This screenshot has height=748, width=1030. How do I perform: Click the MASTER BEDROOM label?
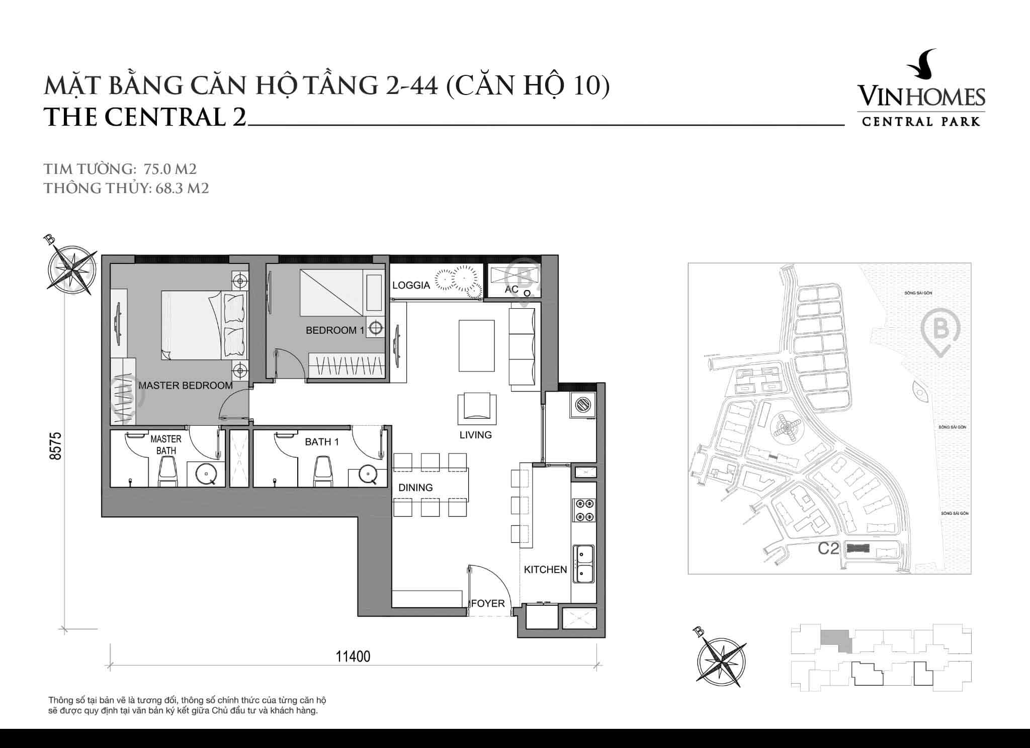point(185,386)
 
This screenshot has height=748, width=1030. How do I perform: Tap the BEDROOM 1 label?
point(335,330)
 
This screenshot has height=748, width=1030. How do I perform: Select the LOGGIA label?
point(411,286)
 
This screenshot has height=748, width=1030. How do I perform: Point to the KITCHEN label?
point(545,570)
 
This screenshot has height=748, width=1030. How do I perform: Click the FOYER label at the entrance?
point(488,603)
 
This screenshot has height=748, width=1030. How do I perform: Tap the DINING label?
point(415,488)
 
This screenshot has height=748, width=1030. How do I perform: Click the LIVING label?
point(475,435)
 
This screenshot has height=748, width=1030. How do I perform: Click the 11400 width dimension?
point(353,657)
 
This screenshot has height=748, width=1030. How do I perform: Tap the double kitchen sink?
point(584,564)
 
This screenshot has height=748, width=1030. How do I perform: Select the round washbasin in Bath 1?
point(369,474)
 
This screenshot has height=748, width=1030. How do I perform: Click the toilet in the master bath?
point(167,473)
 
